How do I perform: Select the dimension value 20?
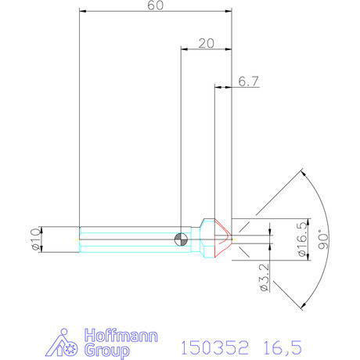(206, 44)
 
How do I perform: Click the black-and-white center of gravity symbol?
(182, 239)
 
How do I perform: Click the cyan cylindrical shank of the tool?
(125, 239)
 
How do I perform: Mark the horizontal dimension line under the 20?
(206, 50)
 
